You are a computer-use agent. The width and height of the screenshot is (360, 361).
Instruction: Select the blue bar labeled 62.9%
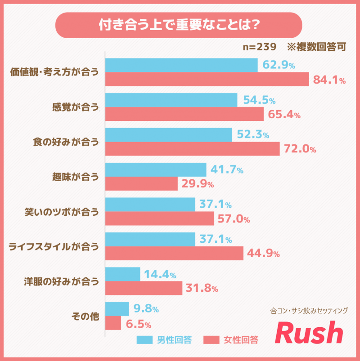click(x=181, y=65)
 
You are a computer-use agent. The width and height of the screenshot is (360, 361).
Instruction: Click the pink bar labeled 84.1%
click(x=207, y=79)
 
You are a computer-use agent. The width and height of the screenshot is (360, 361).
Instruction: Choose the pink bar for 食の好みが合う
click(x=192, y=149)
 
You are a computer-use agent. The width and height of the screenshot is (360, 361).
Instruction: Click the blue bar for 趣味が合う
click(x=156, y=169)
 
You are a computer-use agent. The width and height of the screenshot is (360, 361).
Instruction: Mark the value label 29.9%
click(x=197, y=184)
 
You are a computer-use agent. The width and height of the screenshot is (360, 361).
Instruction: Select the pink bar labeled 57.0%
click(x=160, y=218)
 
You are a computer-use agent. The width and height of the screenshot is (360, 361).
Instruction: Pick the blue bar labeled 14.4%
click(x=122, y=274)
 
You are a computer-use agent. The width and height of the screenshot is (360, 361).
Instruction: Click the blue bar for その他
click(x=117, y=309)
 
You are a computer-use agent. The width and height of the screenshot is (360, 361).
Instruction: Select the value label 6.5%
click(x=137, y=323)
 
